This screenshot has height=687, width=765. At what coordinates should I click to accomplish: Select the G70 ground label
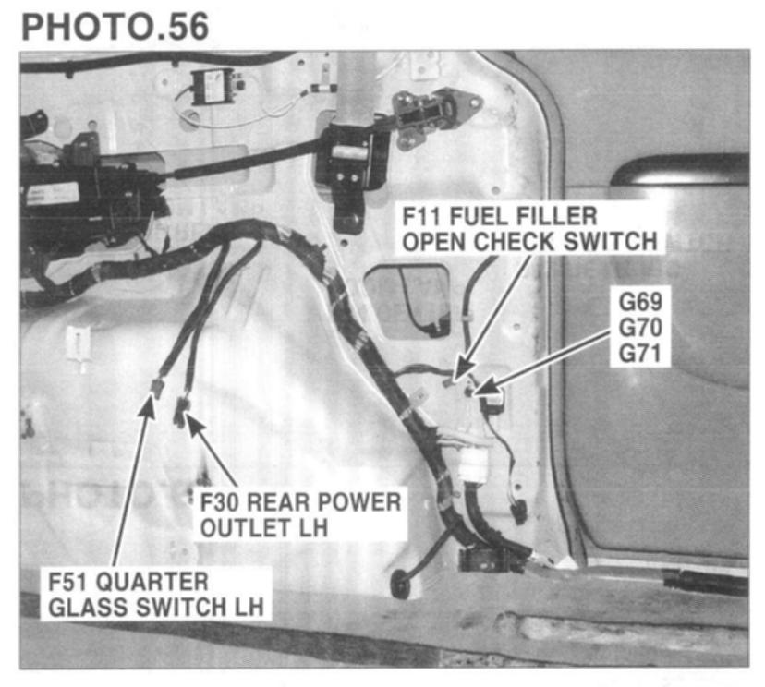[641, 328]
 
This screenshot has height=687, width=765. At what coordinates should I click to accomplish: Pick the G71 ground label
[641, 352]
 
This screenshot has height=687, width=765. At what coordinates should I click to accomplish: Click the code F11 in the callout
[424, 218]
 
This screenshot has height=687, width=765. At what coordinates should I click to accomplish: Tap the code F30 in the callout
[225, 503]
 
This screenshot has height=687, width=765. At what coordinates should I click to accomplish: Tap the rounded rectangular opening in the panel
[407, 299]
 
